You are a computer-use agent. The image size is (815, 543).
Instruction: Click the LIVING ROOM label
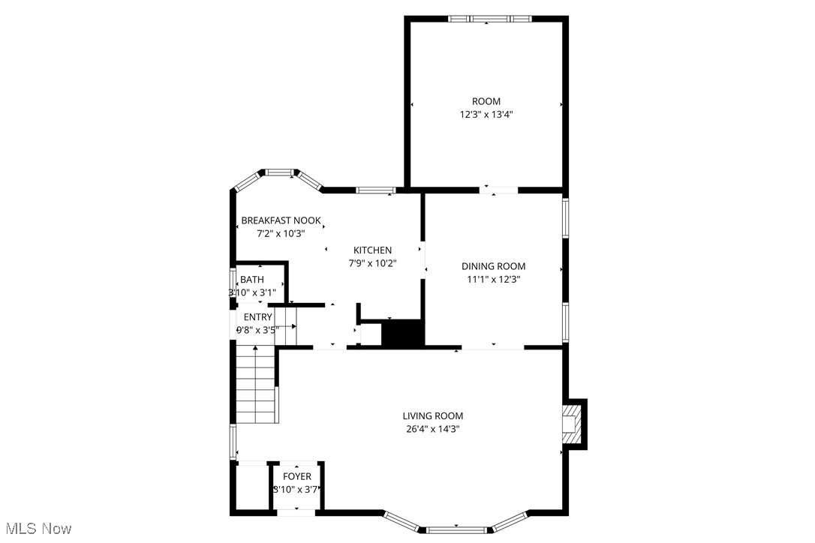coord(432,415)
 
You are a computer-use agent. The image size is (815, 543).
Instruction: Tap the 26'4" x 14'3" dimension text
coord(432,429)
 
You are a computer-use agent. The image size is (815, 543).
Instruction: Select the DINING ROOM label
coord(493,266)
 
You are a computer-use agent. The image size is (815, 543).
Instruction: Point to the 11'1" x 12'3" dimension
coord(493,279)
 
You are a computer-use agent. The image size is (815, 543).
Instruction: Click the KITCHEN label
coord(373,250)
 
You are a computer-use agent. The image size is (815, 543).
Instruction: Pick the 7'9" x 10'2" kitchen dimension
coord(373,263)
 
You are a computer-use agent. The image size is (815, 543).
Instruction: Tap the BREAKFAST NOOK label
coord(281,220)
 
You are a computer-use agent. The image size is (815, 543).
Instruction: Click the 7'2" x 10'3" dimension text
coord(281,233)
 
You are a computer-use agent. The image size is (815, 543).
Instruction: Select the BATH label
coord(252,280)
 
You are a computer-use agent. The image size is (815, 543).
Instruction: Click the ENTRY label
coord(257,316)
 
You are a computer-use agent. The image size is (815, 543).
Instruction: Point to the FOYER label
coord(296,476)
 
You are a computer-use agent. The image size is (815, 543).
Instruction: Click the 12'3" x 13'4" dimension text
coord(486,115)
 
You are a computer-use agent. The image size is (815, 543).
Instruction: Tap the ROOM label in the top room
coord(486,101)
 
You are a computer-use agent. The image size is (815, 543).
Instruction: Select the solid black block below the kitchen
coord(403,333)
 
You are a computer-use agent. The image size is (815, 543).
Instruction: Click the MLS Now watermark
coord(36,529)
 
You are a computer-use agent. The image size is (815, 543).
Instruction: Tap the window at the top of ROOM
coord(489,19)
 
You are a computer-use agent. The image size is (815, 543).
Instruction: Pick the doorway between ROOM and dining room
coord(498,190)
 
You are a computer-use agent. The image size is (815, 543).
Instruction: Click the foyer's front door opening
coord(296,512)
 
